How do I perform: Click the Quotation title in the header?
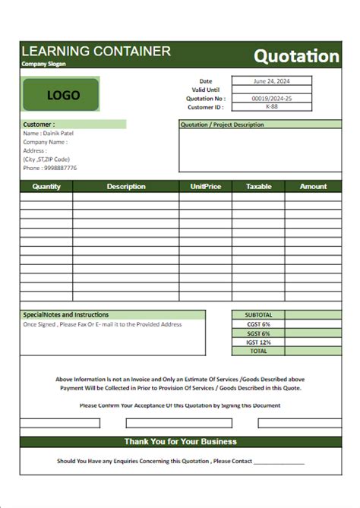tap(296, 55)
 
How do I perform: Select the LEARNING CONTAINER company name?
tap(96, 51)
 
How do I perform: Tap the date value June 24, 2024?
tap(271, 80)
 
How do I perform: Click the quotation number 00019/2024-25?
tap(271, 98)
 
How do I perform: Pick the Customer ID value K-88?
tap(271, 107)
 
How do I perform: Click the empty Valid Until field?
tap(271, 90)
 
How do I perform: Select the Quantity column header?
tap(46, 186)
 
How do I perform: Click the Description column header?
tap(126, 186)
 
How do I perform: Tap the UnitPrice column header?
tap(205, 186)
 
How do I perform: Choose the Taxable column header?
tap(258, 186)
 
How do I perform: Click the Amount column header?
tap(313, 186)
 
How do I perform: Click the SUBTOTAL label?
tap(258, 314)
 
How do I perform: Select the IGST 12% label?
tap(258, 342)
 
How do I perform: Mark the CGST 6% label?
tap(258, 324)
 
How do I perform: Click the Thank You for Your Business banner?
tap(181, 441)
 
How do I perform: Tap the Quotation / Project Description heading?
tap(222, 125)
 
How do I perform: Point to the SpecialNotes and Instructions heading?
tap(66, 314)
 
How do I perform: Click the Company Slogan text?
tap(44, 64)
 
